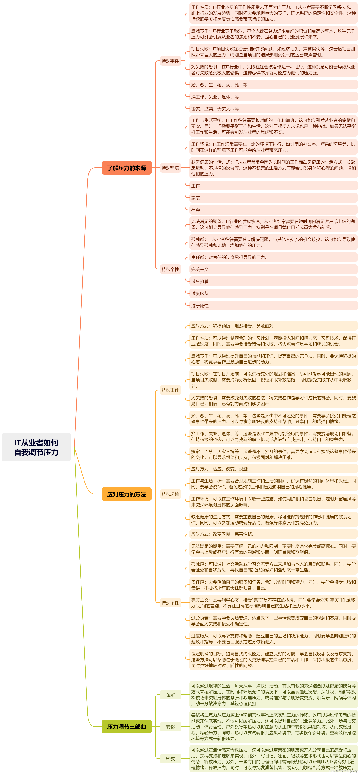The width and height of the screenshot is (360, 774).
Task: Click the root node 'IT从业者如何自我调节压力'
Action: pyautogui.click(x=36, y=447)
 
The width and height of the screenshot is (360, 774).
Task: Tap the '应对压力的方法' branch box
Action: pyautogui.click(x=126, y=494)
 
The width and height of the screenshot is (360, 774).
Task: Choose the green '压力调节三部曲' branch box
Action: pyautogui.click(x=126, y=727)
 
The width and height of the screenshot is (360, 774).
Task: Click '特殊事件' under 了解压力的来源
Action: pyautogui.click(x=170, y=61)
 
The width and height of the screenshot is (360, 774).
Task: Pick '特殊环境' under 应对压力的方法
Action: pyautogui.click(x=170, y=494)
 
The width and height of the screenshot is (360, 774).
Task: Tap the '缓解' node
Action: pyautogui.click(x=170, y=695)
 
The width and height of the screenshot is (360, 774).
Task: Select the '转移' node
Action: pyautogui.click(x=170, y=727)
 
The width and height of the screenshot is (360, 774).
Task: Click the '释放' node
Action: pyautogui.click(x=170, y=759)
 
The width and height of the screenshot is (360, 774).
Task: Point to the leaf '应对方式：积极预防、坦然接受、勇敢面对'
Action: pyautogui.click(x=232, y=326)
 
